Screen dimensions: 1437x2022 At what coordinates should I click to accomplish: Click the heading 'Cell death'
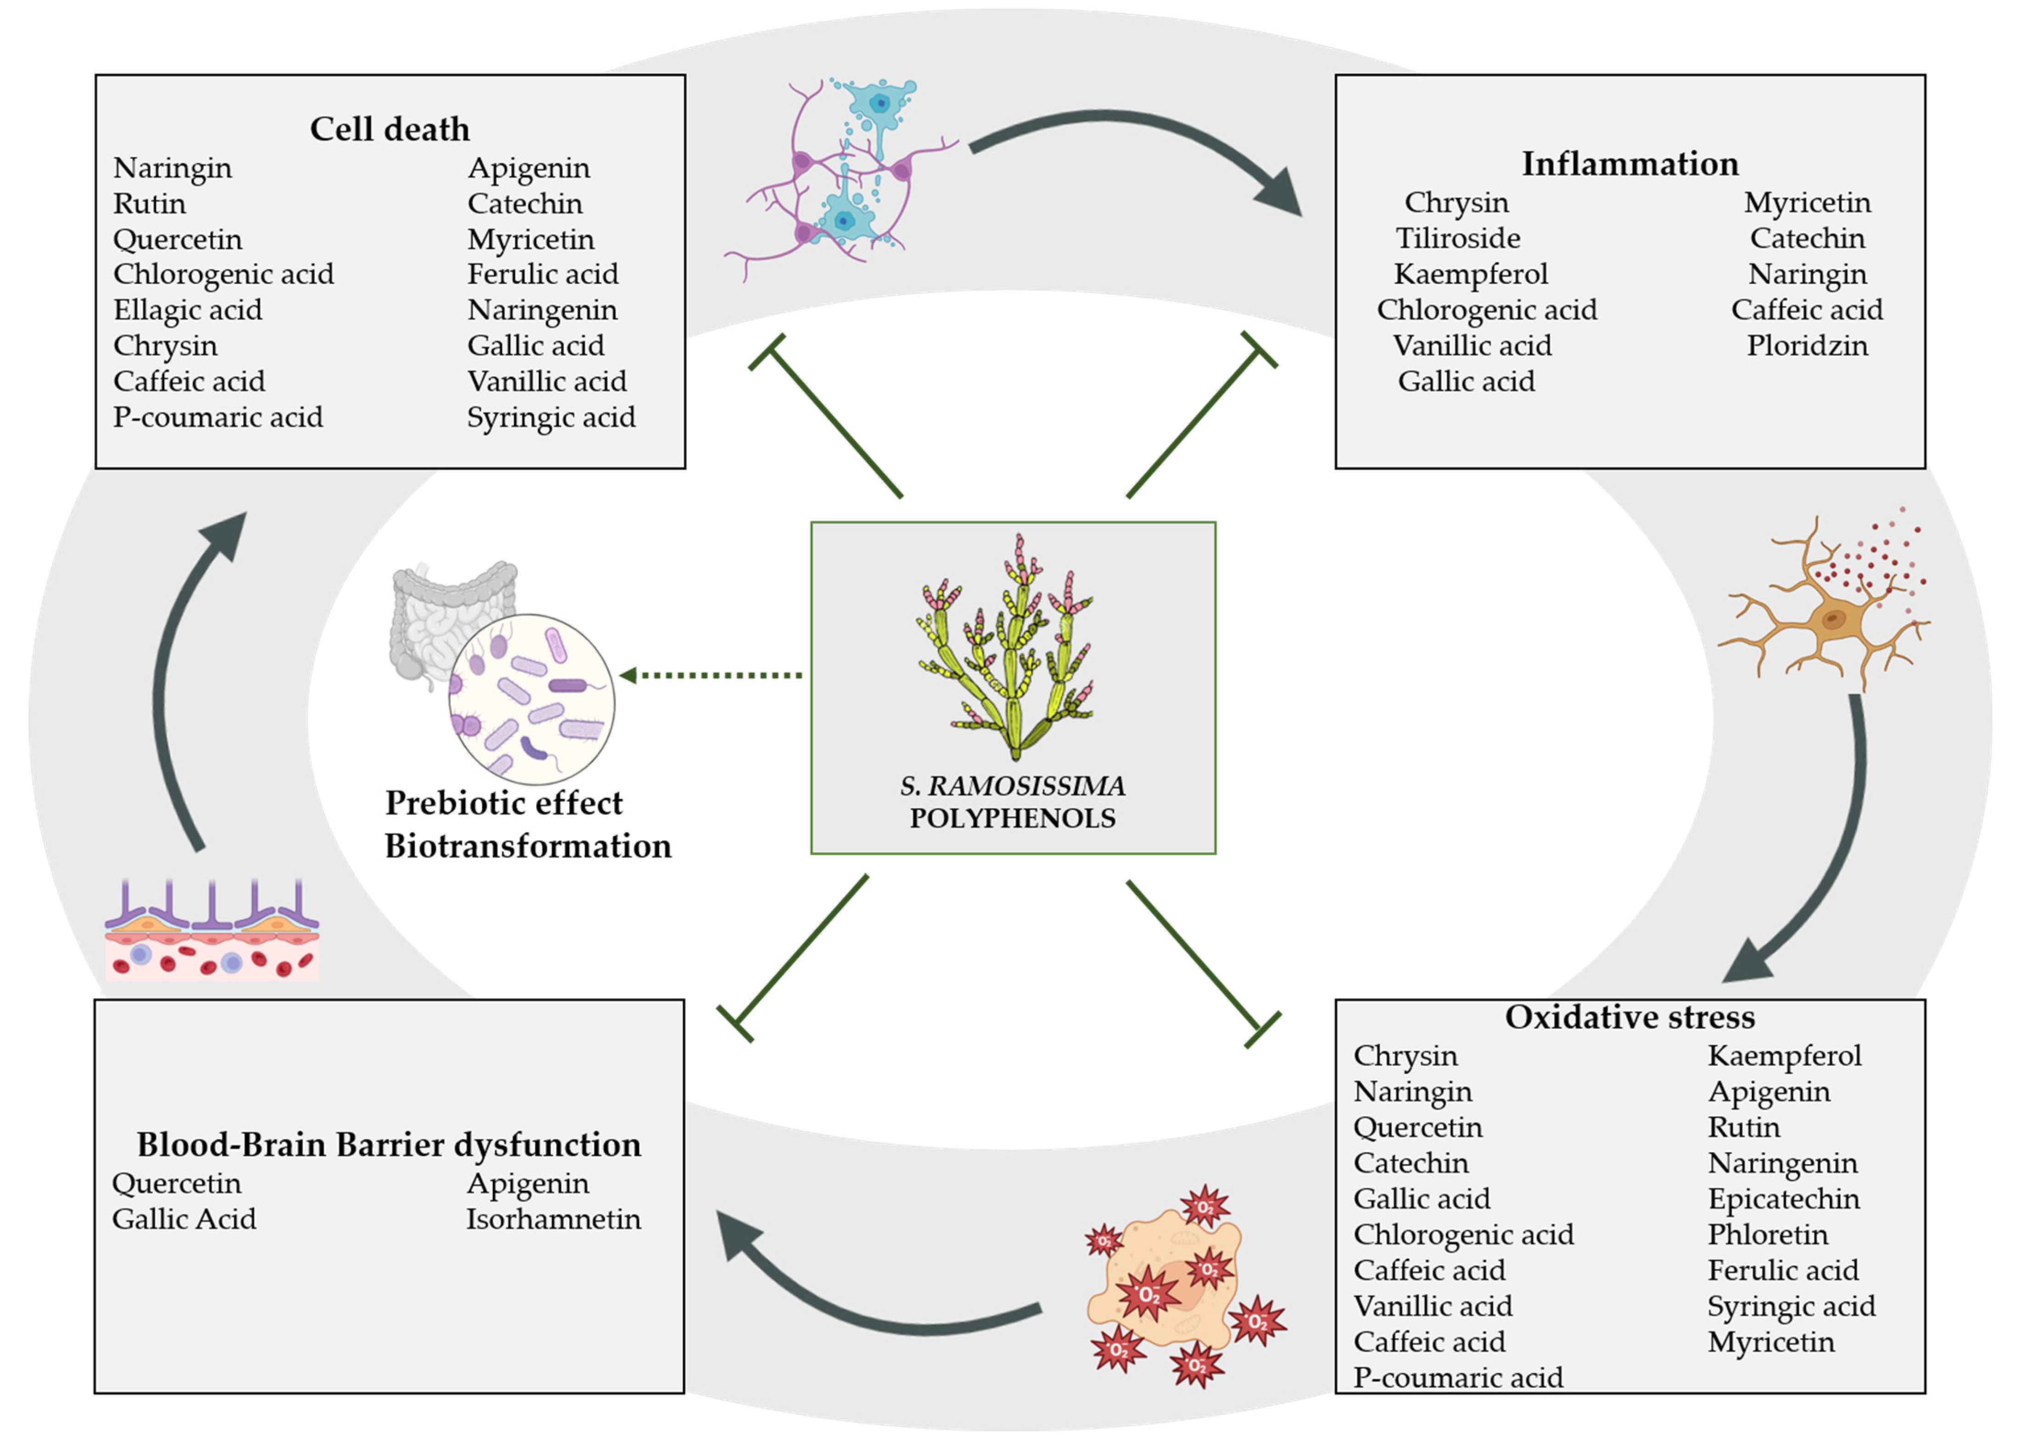(390, 129)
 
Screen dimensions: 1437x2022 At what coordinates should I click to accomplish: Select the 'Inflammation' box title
(1629, 164)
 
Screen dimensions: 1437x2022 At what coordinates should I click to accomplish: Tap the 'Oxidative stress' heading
(1629, 1017)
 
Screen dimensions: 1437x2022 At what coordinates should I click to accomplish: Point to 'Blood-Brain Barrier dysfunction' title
(389, 1144)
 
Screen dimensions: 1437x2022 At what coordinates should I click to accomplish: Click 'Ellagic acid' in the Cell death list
(188, 310)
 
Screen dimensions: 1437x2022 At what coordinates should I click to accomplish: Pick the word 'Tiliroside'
(1457, 238)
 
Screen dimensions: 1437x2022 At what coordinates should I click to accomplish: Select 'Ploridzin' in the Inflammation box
(1807, 345)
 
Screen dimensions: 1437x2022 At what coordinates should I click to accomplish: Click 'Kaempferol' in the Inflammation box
(1470, 274)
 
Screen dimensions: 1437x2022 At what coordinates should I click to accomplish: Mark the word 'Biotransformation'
(527, 846)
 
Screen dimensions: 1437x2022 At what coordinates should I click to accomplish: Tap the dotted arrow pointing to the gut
(713, 675)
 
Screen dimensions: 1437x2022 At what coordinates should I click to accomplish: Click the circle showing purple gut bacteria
(531, 699)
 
